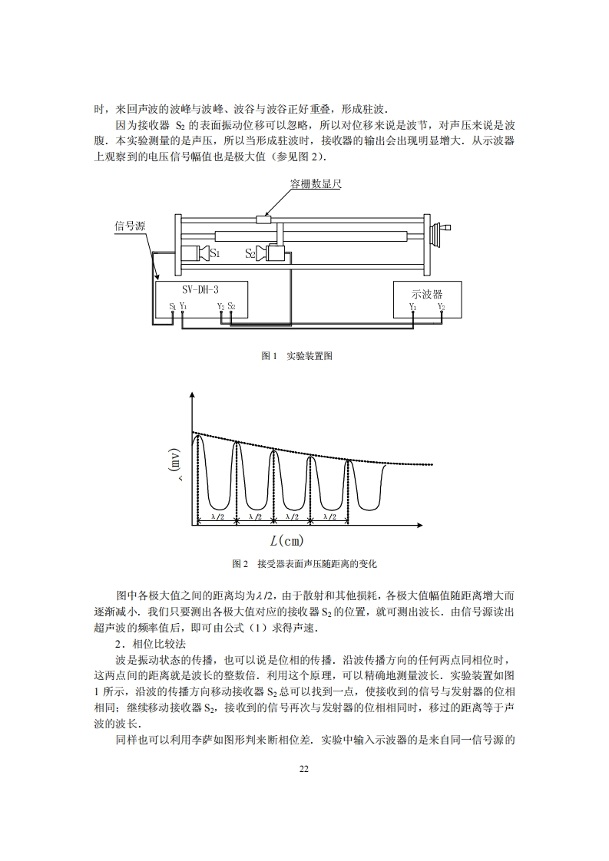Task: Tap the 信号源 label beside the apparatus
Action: click(131, 226)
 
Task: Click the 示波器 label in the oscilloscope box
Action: click(426, 292)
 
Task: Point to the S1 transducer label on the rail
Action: click(215, 252)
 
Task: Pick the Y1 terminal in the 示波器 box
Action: click(412, 307)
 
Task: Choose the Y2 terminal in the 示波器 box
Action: click(441, 307)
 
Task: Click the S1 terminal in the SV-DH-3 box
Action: click(172, 306)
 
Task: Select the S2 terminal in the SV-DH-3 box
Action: click(231, 306)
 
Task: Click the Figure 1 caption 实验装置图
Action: click(296, 356)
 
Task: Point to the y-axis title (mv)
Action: click(176, 463)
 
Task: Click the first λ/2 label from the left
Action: click(217, 517)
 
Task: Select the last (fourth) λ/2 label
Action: click(329, 517)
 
